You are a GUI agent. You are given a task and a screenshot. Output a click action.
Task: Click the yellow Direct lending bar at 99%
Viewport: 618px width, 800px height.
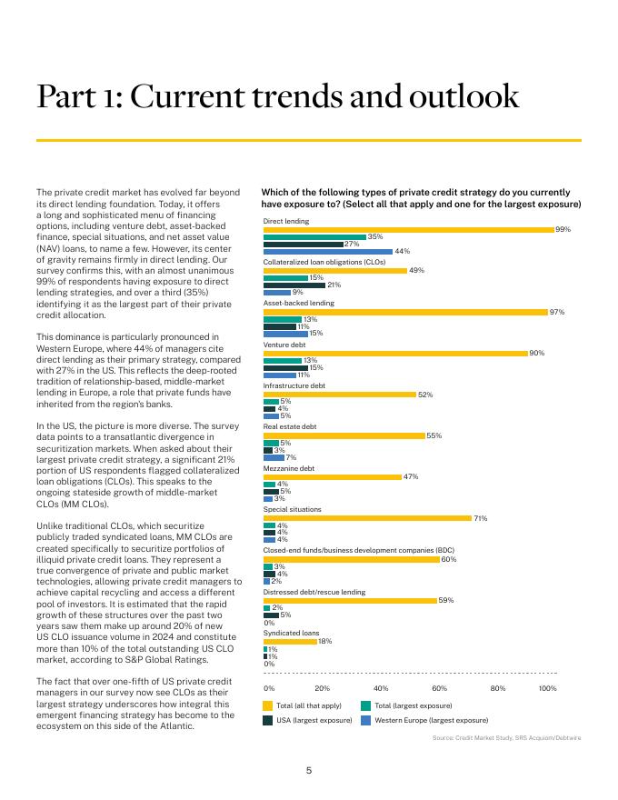pyautogui.click(x=408, y=230)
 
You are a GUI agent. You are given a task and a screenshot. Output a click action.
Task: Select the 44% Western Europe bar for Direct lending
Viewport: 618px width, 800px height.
pyautogui.click(x=327, y=251)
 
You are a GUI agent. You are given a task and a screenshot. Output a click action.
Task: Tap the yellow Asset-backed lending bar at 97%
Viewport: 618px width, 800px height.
pyautogui.click(x=405, y=312)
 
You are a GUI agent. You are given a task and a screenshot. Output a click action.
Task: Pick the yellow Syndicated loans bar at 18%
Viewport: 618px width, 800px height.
pyautogui.click(x=289, y=641)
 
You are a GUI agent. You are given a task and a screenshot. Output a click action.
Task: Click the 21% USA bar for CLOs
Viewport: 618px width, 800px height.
pyautogui.click(x=294, y=285)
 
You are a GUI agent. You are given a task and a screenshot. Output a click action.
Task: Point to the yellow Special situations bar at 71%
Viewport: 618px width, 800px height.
pyautogui.click(x=367, y=518)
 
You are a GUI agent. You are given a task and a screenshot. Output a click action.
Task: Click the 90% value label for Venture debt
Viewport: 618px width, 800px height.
pyautogui.click(x=536, y=353)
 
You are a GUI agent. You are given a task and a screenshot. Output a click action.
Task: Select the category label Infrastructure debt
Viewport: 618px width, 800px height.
pyautogui.click(x=293, y=385)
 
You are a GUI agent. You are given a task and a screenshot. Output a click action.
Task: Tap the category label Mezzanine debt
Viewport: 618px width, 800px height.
pyautogui.click(x=289, y=468)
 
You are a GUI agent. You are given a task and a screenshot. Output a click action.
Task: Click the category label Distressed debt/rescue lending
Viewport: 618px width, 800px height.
pyautogui.click(x=314, y=592)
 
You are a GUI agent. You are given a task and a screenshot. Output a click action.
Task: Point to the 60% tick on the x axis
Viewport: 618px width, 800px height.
pyautogui.click(x=440, y=688)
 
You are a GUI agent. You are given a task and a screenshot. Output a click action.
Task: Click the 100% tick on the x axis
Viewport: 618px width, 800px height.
pyautogui.click(x=548, y=688)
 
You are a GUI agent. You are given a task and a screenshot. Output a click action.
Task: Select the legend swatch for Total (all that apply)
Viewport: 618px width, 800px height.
pyautogui.click(x=268, y=705)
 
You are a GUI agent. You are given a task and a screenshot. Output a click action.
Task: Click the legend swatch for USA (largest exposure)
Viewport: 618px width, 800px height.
pyautogui.click(x=268, y=720)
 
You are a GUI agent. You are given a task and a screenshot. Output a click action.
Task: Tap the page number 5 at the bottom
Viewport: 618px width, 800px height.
pyautogui.click(x=309, y=771)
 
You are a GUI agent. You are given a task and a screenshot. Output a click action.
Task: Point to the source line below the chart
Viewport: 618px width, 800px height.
pyautogui.click(x=506, y=737)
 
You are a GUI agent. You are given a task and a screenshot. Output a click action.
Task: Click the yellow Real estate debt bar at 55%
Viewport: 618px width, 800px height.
pyautogui.click(x=344, y=435)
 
